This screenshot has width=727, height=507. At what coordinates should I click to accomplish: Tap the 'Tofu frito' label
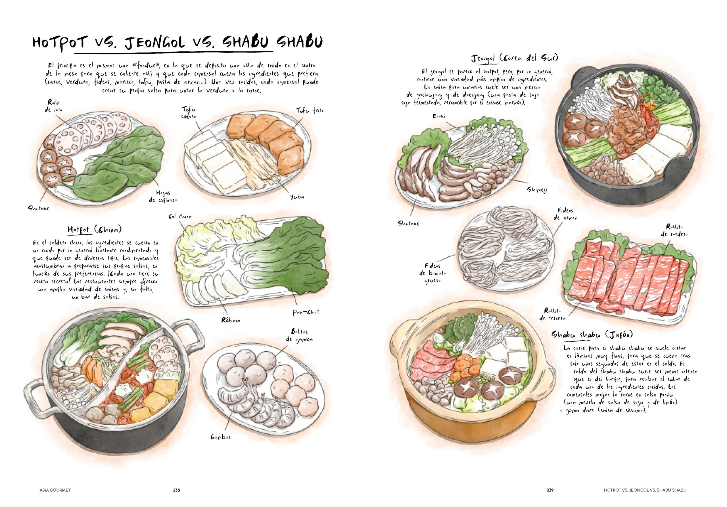click(x=309, y=111)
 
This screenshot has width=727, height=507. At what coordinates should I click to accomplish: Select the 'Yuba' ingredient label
click(x=297, y=197)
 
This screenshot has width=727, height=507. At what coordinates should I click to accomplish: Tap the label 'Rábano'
click(x=231, y=320)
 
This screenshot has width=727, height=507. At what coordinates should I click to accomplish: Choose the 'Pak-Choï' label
click(x=306, y=312)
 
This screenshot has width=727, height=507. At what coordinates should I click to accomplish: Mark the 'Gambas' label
click(x=221, y=437)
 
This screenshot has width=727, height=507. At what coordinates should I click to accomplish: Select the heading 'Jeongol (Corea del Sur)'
click(x=515, y=58)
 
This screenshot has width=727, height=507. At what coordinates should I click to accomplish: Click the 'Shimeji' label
click(x=537, y=190)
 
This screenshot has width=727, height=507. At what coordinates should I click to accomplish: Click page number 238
click(x=176, y=490)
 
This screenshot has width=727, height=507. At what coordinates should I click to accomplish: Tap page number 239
click(x=550, y=490)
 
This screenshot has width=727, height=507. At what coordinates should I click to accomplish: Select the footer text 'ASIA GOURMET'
click(x=55, y=490)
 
